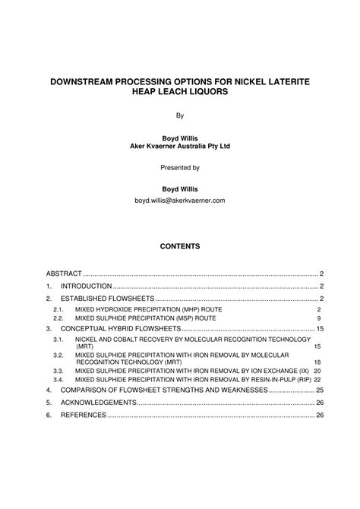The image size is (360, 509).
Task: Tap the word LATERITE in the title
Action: pos(284,79)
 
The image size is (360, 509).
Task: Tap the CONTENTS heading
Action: pos(180,246)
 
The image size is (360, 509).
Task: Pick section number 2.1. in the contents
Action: pos(58,311)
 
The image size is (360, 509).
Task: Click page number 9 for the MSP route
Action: pos(319,318)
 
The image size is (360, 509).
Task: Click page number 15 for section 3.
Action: pos(320,328)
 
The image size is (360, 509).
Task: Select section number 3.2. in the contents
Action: pos(58,355)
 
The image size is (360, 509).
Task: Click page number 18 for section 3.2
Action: pos(317,362)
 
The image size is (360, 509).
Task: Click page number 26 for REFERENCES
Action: pos(320,416)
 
